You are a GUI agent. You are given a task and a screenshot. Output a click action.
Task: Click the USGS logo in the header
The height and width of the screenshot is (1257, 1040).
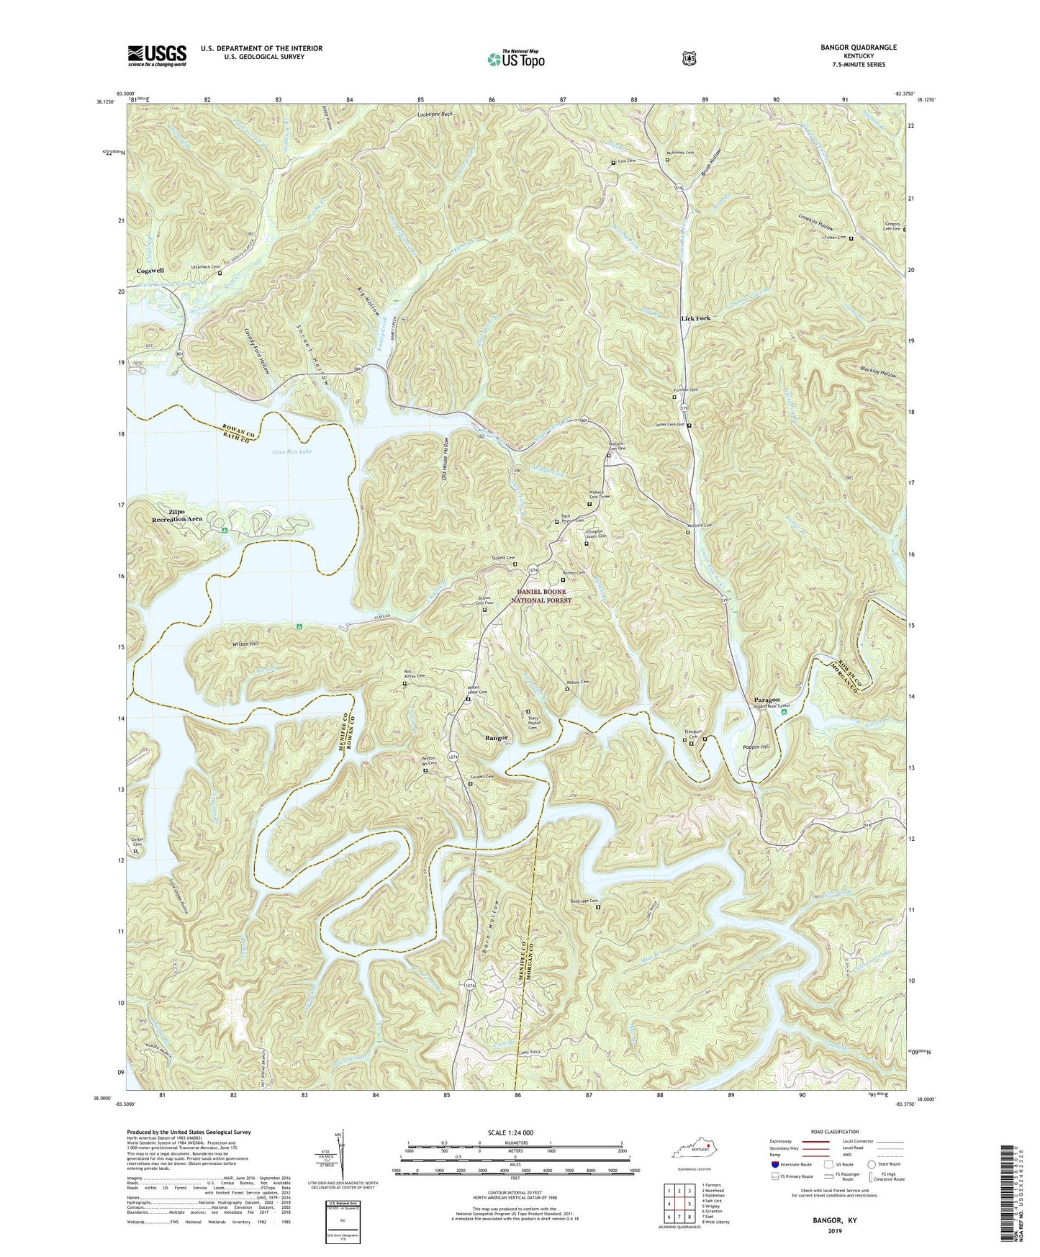click(x=157, y=55)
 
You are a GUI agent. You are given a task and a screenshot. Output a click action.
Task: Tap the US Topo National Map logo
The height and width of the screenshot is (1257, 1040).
click(x=515, y=58)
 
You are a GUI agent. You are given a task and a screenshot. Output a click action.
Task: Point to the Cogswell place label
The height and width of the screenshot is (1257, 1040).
click(x=150, y=271)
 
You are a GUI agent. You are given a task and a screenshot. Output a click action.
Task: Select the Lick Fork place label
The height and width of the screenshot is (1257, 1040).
click(x=696, y=317)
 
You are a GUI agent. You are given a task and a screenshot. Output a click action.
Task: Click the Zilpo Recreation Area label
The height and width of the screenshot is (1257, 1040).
click(x=176, y=515)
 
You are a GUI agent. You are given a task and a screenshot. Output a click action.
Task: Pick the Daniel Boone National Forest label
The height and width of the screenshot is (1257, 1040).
click(x=543, y=595)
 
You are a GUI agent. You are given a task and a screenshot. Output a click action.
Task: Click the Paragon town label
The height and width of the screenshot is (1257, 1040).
click(x=767, y=699)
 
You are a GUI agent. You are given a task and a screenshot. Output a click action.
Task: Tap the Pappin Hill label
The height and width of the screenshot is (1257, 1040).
click(x=756, y=747)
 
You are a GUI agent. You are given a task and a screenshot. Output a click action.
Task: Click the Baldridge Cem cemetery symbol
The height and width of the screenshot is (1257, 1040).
click(x=598, y=907)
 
